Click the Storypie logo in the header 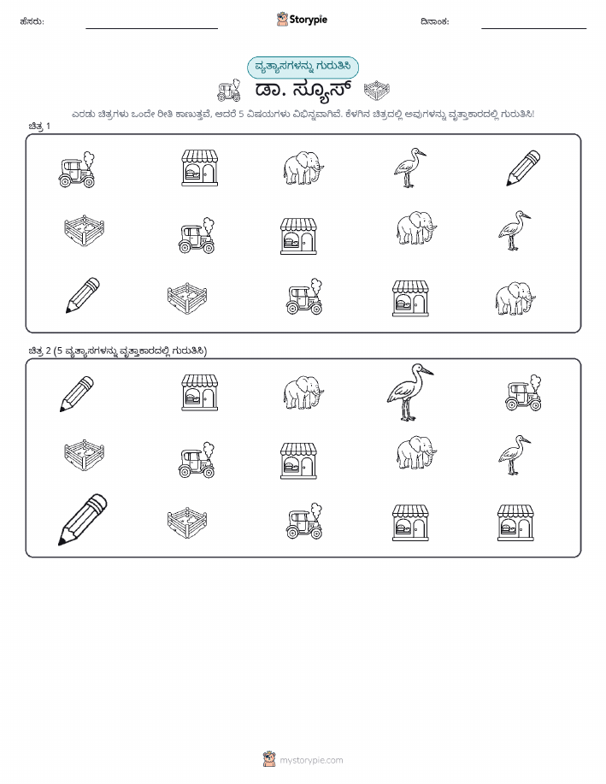coord(302,20)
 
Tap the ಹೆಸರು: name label coord(32,21)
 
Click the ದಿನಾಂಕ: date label coord(435,21)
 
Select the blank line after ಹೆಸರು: coord(151,28)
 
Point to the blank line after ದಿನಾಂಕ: coord(533,28)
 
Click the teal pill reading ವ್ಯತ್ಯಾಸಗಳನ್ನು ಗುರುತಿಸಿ coord(303,67)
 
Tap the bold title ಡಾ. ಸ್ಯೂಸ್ coord(303,90)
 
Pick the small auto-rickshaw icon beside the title coord(229,91)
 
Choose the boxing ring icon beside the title coord(376,91)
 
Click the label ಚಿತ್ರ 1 coord(39,127)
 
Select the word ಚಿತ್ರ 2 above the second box coord(39,351)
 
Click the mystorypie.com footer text coord(311,761)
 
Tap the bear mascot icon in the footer coord(269,759)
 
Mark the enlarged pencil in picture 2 coord(83,520)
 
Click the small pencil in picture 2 coord(77,394)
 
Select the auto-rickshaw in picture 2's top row coord(523,393)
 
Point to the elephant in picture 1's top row coord(303,168)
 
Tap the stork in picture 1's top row coord(409,168)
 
